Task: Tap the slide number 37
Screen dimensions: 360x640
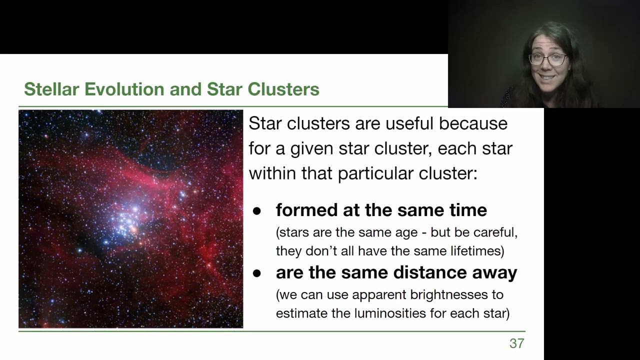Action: pyautogui.click(x=516, y=343)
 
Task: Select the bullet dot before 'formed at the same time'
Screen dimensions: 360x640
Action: pyautogui.click(x=257, y=211)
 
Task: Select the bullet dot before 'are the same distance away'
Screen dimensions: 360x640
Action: pyautogui.click(x=257, y=273)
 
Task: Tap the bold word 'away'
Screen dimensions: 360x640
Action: pyautogui.click(x=494, y=272)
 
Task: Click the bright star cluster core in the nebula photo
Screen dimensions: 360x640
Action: pyautogui.click(x=131, y=218)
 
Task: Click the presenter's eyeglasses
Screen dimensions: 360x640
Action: pyautogui.click(x=548, y=59)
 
